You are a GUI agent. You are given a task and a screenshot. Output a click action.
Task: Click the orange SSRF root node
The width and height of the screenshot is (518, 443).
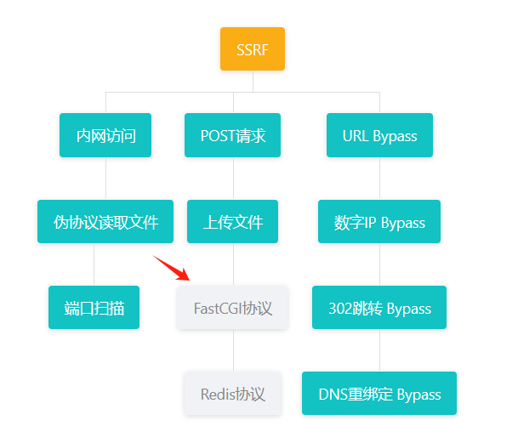coord(252,48)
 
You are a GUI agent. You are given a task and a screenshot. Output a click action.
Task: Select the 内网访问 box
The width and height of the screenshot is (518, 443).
coord(105,135)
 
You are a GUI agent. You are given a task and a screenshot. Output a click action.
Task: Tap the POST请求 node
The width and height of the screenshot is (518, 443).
coord(233,135)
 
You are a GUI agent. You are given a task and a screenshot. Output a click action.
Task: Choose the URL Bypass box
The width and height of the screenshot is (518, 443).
coord(379,135)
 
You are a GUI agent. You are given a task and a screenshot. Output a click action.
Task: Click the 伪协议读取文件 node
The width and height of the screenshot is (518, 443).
coord(105,222)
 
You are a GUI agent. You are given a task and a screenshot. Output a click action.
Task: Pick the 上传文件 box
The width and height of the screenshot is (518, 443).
coord(233,222)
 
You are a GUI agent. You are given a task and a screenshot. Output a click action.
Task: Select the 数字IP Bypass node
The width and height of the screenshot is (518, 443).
coord(379,222)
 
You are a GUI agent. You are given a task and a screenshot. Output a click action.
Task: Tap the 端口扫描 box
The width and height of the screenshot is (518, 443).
coord(94,307)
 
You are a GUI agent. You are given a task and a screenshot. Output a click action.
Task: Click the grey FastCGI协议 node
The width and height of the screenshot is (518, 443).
coord(233,307)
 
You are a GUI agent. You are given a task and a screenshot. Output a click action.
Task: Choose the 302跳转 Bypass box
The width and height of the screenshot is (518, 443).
coord(379,307)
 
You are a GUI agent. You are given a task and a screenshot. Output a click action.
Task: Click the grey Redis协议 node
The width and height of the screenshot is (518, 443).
coord(233,394)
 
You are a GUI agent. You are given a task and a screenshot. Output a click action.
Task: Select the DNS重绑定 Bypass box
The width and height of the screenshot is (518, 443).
coord(379,394)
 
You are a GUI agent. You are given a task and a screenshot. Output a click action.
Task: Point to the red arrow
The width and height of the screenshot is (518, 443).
coord(171,267)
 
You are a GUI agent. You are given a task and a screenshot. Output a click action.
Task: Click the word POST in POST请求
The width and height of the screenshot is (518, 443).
coord(217,135)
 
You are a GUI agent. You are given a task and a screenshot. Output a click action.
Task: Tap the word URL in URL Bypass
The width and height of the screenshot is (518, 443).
coord(356,135)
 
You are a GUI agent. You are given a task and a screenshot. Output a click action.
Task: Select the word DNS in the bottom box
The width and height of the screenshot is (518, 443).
coord(333,394)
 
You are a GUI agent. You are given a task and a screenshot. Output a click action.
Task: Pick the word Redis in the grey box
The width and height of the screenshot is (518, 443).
coord(218,394)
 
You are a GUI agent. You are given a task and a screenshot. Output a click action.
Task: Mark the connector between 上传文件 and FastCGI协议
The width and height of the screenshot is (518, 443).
coord(233,264)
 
